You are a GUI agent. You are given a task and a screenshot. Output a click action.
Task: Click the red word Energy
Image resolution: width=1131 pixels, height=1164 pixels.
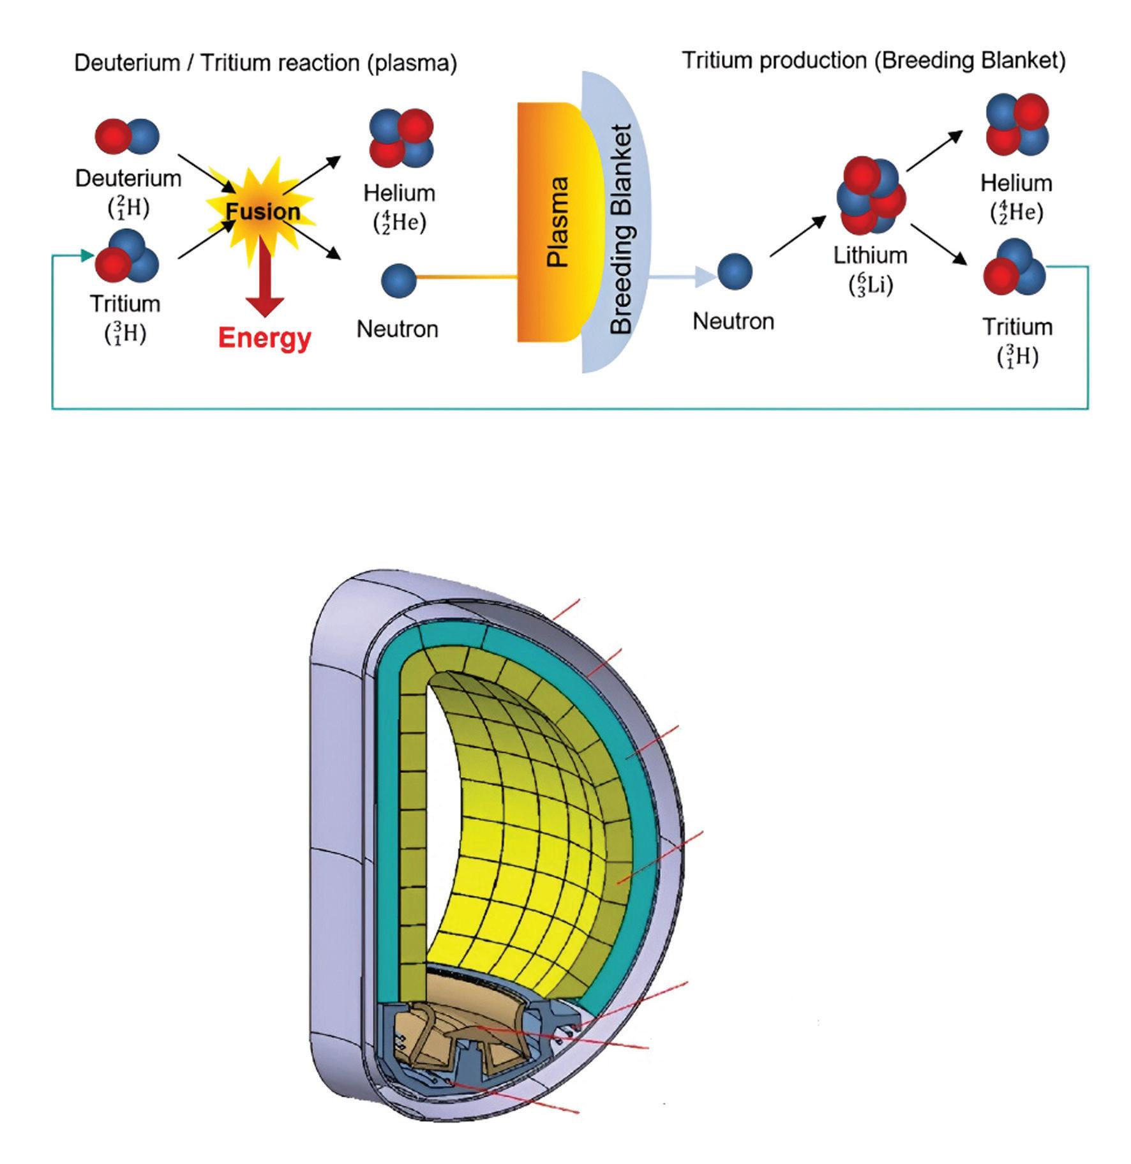tap(264, 338)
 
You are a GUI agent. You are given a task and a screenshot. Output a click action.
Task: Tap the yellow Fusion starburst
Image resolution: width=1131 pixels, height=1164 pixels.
tap(262, 204)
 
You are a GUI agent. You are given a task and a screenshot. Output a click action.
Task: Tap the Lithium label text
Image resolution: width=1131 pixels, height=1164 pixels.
tap(871, 255)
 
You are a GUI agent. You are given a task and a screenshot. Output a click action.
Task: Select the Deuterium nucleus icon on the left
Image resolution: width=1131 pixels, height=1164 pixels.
tap(127, 136)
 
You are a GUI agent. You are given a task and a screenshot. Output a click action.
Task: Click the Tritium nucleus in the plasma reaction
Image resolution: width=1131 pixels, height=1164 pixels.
tap(127, 257)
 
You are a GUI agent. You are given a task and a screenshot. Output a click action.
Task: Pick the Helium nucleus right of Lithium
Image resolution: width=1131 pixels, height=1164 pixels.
tap(1017, 125)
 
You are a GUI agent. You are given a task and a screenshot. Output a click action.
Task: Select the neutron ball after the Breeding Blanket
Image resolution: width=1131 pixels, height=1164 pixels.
tap(735, 271)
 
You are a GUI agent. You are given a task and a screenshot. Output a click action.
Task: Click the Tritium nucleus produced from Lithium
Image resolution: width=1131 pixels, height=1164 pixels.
tap(1014, 269)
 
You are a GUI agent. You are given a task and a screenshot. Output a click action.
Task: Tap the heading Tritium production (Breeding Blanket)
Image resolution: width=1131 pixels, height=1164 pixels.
tap(874, 61)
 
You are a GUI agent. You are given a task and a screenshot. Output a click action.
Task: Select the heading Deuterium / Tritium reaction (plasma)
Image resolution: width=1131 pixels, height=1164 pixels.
tap(266, 63)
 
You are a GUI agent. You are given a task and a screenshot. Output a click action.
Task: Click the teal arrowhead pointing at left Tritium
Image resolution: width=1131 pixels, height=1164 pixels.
tap(88, 256)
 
